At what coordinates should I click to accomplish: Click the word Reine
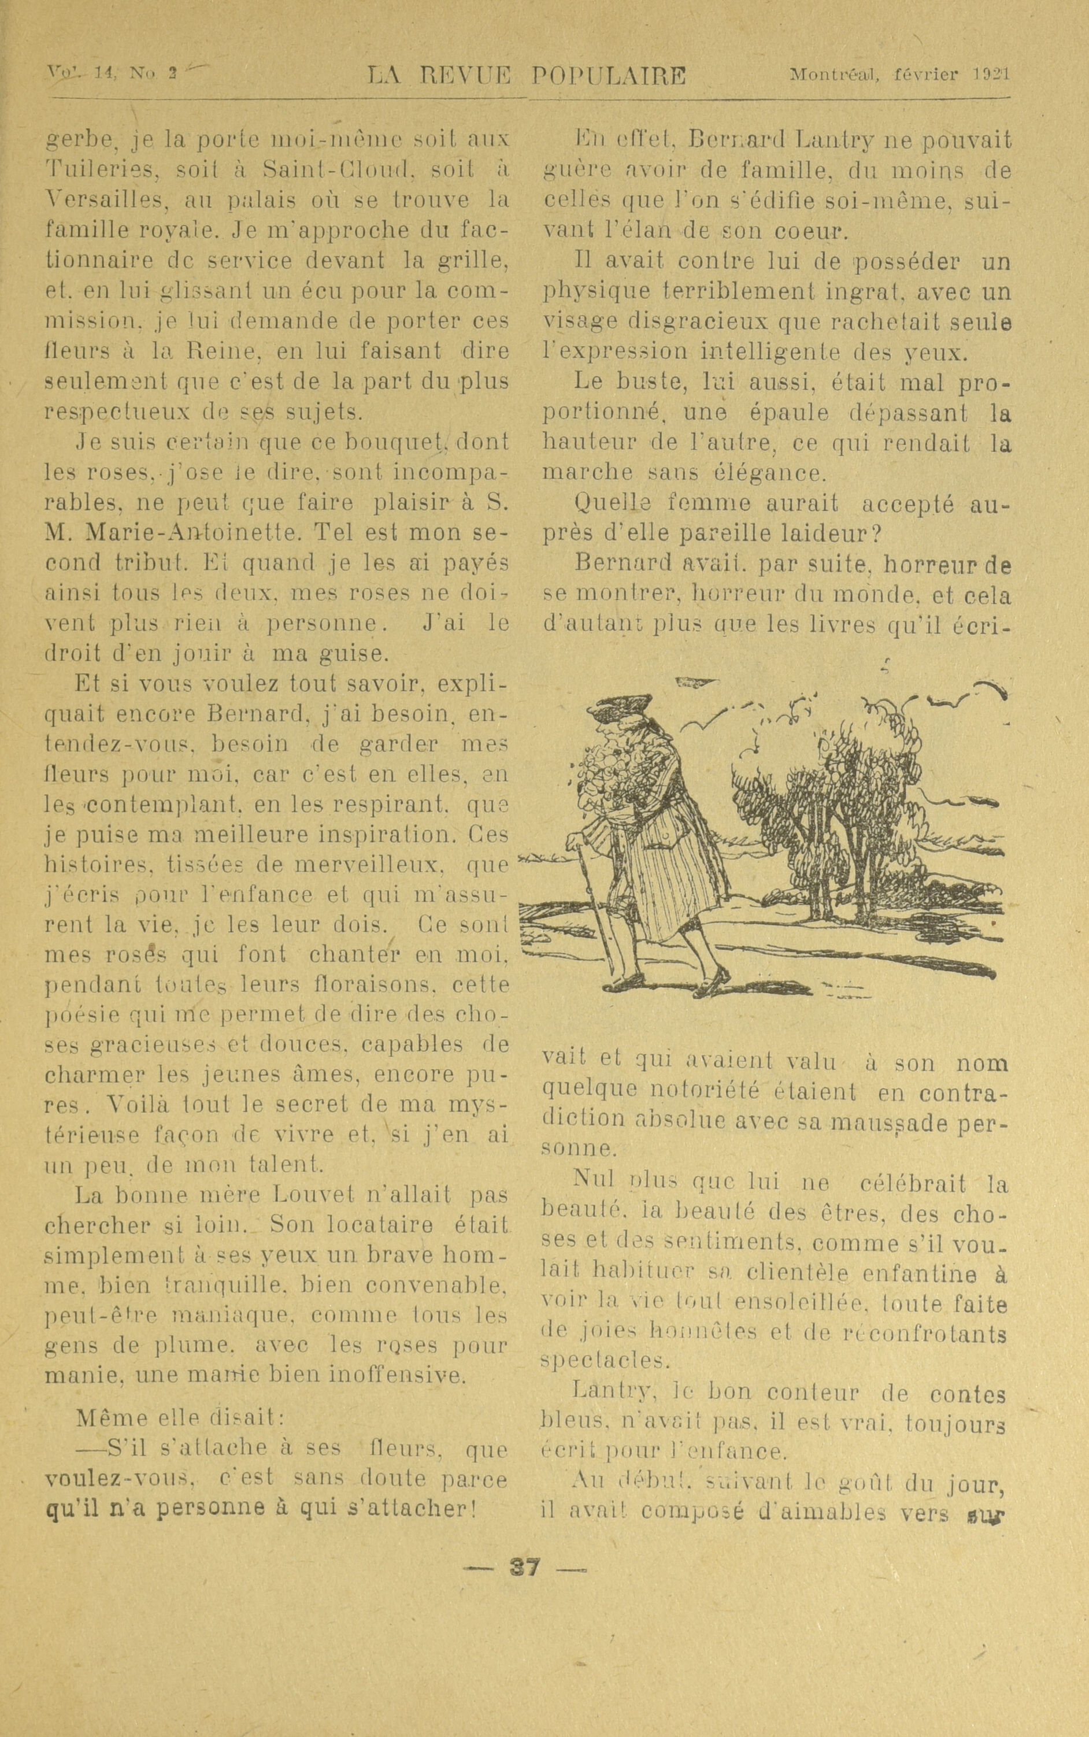[218, 351]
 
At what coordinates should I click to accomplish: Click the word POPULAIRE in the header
[609, 76]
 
